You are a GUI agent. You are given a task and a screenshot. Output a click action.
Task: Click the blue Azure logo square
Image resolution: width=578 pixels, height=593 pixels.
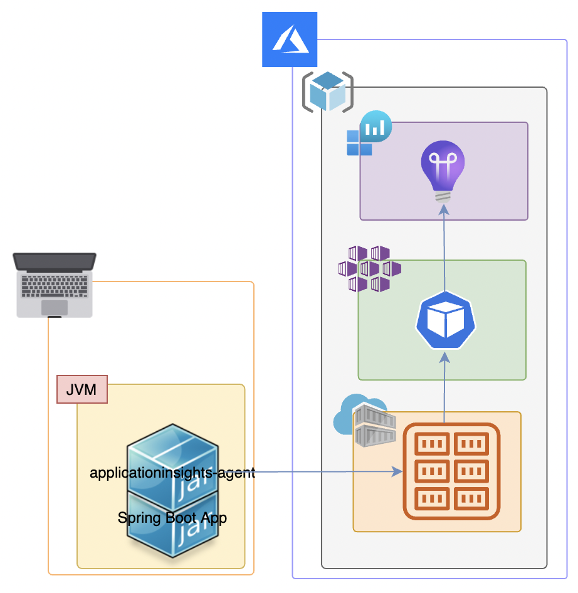289,40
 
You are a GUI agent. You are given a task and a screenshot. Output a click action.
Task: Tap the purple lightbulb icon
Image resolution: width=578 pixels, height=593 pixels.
443,169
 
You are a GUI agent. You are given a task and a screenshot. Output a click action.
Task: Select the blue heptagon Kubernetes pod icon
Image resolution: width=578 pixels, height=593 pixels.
445,320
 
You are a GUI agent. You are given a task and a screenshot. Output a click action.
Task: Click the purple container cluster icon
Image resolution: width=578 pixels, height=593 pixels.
370,269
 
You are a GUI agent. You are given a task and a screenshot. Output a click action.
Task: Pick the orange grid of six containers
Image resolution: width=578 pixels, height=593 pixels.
451,471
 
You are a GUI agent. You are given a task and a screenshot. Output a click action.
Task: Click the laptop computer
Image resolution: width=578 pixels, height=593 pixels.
55,285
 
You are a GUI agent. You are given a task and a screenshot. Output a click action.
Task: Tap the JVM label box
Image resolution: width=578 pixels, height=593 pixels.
81,389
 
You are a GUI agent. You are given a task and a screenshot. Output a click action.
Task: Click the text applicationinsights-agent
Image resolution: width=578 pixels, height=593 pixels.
172,473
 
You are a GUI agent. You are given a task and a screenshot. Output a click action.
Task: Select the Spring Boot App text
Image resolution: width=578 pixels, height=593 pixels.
172,518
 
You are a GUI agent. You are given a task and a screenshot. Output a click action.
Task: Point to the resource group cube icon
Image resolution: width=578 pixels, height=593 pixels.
328,92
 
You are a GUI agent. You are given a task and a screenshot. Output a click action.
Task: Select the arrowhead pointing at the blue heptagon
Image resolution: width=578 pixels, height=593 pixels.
445,357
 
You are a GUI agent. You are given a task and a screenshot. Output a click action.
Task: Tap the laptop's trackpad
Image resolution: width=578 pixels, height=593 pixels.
55,308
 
